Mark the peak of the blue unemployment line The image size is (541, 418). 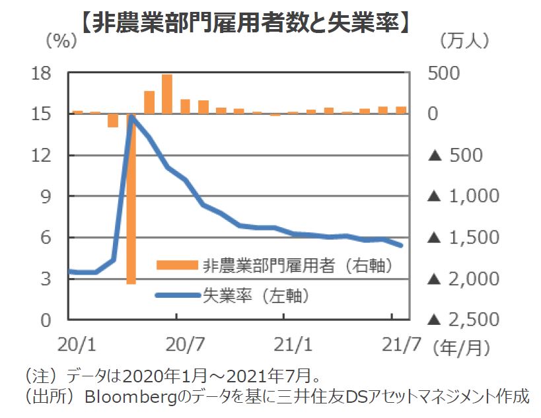(131, 117)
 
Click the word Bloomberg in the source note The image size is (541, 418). (125, 398)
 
